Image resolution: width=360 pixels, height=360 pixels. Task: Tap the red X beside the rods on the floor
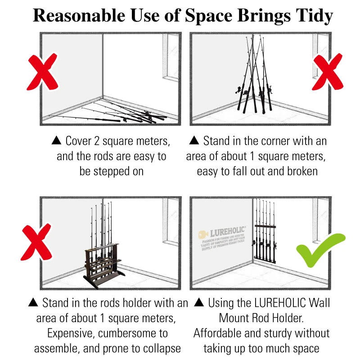coord(43,72)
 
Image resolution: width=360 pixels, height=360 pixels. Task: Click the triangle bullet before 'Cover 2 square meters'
coord(57,141)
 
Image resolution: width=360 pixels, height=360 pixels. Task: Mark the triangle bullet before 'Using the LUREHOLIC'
coord(200,303)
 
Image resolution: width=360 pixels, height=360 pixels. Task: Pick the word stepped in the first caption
coord(113,171)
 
